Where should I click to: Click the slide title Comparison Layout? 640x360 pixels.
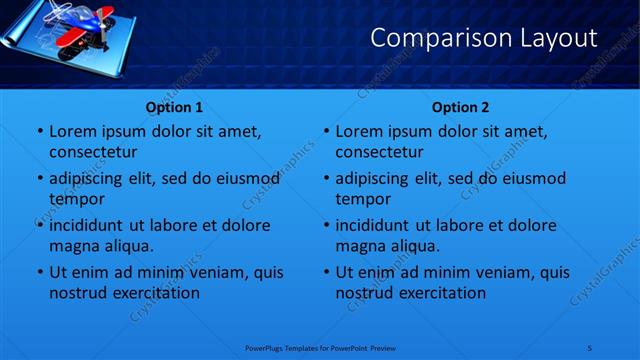(x=483, y=38)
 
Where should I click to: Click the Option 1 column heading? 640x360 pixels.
(x=174, y=107)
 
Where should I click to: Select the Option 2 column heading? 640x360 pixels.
(x=460, y=107)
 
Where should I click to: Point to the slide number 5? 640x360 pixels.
(x=590, y=347)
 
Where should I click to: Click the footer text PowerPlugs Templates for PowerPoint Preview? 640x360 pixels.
(x=320, y=347)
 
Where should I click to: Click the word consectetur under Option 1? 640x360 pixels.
(x=93, y=152)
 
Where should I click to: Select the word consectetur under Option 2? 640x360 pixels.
(x=379, y=152)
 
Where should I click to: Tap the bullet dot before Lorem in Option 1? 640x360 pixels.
(x=39, y=132)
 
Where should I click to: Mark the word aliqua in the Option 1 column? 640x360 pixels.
(x=129, y=246)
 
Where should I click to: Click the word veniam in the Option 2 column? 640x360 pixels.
(x=507, y=272)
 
